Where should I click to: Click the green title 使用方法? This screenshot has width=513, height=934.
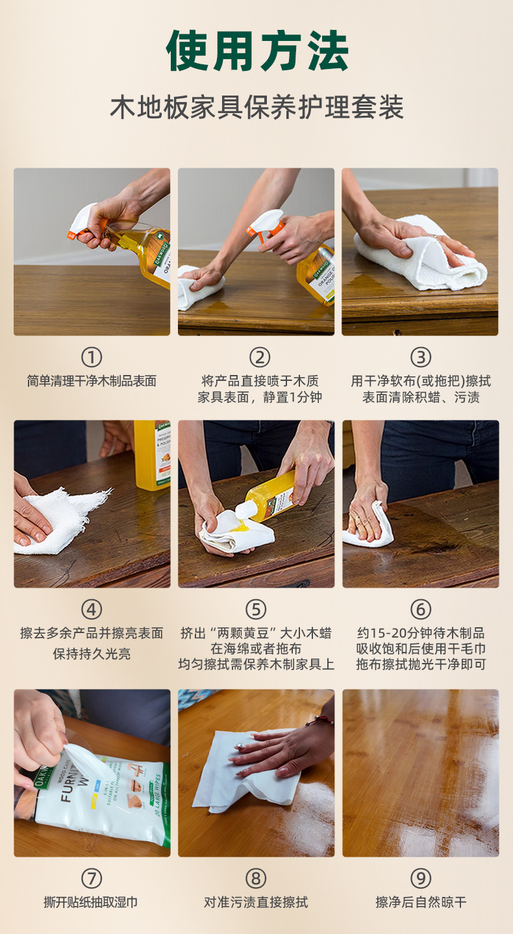click(x=256, y=51)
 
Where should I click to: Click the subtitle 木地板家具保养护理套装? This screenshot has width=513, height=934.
click(x=256, y=107)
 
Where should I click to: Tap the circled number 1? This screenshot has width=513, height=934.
click(x=92, y=357)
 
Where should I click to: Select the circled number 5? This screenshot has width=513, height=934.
click(x=256, y=609)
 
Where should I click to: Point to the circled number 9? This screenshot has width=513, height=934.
click(x=420, y=878)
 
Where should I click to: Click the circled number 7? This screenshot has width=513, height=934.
click(x=92, y=878)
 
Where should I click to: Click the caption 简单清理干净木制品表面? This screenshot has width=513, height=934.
click(x=92, y=381)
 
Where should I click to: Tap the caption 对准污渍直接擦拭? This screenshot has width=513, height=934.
click(x=256, y=902)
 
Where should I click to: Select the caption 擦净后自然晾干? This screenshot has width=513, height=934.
click(x=420, y=902)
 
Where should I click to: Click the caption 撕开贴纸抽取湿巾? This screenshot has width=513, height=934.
click(x=92, y=902)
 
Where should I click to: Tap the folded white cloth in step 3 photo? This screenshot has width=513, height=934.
click(x=422, y=257)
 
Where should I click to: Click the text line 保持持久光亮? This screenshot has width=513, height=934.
click(x=92, y=654)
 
